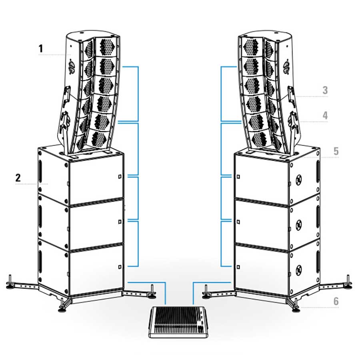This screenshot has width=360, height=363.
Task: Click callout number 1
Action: coord(41,49)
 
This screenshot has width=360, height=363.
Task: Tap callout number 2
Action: coord(18,178)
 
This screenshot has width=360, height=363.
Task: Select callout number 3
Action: coord(325,90)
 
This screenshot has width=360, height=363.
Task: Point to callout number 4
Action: coord(325,116)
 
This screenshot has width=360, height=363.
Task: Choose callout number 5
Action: coord(336,151)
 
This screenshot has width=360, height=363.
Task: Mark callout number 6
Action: coord(336,301)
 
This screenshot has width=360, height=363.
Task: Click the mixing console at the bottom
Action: coord(178,322)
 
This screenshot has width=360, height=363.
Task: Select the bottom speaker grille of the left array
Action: coord(99,139)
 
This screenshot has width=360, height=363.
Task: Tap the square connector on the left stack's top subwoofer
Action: coord(120,177)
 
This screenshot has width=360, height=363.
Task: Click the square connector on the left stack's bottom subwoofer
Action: coord(120,267)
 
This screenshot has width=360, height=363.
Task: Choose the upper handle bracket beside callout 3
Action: coord(291,94)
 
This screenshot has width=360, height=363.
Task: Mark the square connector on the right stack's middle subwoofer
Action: coord(238,222)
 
